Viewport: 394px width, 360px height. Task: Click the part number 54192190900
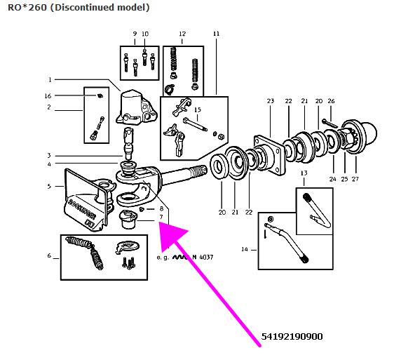(x=292, y=337)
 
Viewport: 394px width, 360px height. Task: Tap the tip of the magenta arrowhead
(x=161, y=222)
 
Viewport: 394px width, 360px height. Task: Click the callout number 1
(x=50, y=80)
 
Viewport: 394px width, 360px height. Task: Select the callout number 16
(x=48, y=96)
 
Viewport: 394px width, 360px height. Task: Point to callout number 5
(x=49, y=187)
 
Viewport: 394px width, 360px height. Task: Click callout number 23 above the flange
(x=271, y=101)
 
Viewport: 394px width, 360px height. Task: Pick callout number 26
(x=331, y=101)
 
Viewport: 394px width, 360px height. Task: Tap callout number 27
(x=355, y=179)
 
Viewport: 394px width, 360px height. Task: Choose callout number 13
(x=304, y=173)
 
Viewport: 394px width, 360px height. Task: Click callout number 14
(x=245, y=249)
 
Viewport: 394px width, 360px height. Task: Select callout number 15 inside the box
(x=198, y=110)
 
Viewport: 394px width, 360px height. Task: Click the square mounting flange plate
(x=270, y=154)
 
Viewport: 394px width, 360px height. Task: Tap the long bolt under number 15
(x=196, y=124)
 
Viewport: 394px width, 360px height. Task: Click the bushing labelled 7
(x=128, y=220)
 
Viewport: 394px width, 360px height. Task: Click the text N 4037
(x=203, y=258)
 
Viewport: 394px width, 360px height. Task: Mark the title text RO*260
(x=27, y=7)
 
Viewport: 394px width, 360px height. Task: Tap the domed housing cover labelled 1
(x=137, y=107)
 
